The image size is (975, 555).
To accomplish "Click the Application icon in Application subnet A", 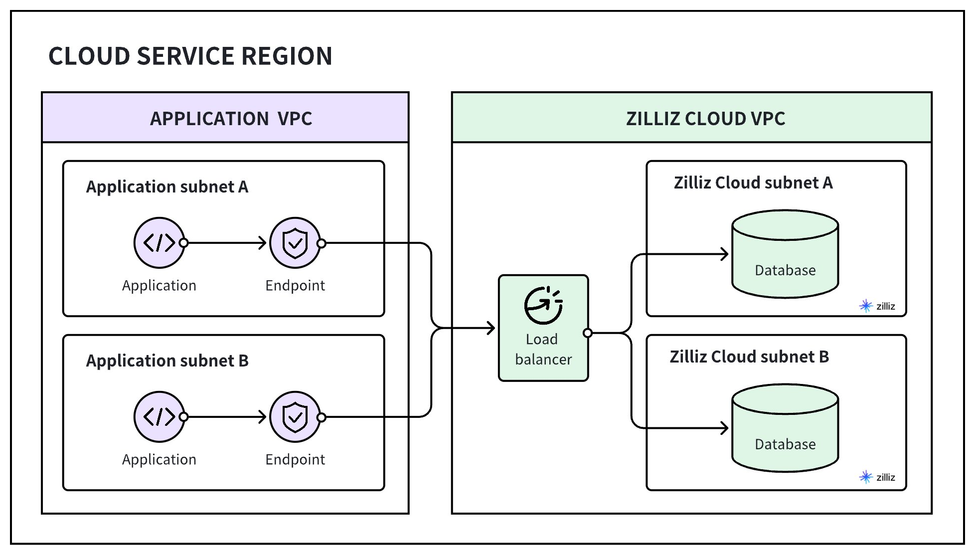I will tap(159, 243).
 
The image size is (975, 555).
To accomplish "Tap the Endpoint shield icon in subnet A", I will tap(295, 243).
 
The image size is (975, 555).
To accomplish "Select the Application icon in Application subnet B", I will tap(159, 416).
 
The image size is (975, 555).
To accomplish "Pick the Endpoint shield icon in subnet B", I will tap(295, 416).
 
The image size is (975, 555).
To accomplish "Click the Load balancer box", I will tap(543, 328).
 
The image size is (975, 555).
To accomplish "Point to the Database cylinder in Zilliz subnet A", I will tap(785, 254).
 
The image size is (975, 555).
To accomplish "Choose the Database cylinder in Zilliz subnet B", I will tap(785, 427).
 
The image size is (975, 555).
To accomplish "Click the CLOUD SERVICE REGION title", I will tap(190, 56).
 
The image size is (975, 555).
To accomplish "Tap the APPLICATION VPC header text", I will tap(231, 119).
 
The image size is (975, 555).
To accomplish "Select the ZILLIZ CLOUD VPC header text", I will tap(705, 119).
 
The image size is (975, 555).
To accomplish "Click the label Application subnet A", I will tap(167, 186).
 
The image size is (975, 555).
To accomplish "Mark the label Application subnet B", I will tap(167, 361).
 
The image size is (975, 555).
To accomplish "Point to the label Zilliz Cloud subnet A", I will tap(753, 183).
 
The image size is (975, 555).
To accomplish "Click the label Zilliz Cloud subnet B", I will tap(749, 357).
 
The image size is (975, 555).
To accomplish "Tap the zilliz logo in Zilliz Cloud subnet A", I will tap(877, 306).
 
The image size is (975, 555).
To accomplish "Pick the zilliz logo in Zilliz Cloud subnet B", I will tap(877, 477).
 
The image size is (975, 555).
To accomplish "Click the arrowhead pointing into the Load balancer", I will tap(491, 328).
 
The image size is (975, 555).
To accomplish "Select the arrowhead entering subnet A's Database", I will tap(725, 254).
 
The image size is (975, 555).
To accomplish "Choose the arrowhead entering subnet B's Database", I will tap(725, 428).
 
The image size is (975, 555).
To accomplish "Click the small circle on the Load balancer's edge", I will tap(588, 333).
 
